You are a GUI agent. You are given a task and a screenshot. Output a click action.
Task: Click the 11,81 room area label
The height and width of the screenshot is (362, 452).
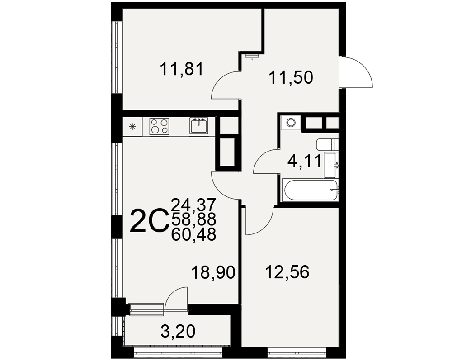click(x=182, y=69)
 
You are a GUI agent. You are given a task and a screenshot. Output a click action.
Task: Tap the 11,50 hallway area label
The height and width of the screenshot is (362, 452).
click(x=291, y=78)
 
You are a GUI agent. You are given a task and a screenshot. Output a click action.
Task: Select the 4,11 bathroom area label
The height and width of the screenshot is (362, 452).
click(x=304, y=161)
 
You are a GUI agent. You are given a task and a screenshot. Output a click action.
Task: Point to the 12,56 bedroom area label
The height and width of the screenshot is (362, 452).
click(x=287, y=272)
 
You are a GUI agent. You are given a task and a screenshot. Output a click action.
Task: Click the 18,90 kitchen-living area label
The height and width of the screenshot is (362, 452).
click(x=213, y=272)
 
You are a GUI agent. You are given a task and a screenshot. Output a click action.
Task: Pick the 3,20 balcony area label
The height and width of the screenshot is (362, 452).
click(x=178, y=331)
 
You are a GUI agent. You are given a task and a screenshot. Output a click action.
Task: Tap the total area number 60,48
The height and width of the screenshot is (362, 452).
click(x=193, y=235)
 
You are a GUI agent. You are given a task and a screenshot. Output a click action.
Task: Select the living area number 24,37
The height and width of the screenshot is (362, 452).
click(x=193, y=205)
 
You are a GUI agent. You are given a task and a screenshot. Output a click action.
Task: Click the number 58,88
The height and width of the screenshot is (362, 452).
click(x=193, y=219)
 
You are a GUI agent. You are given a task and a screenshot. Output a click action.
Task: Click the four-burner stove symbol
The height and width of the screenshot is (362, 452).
click(x=159, y=126)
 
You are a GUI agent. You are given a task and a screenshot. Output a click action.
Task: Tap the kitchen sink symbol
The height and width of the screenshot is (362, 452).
click(x=198, y=126)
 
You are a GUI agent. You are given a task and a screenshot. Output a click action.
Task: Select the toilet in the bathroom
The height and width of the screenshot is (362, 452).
click(x=327, y=145)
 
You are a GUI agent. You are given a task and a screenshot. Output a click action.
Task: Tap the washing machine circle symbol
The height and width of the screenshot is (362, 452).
click(x=291, y=123)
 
